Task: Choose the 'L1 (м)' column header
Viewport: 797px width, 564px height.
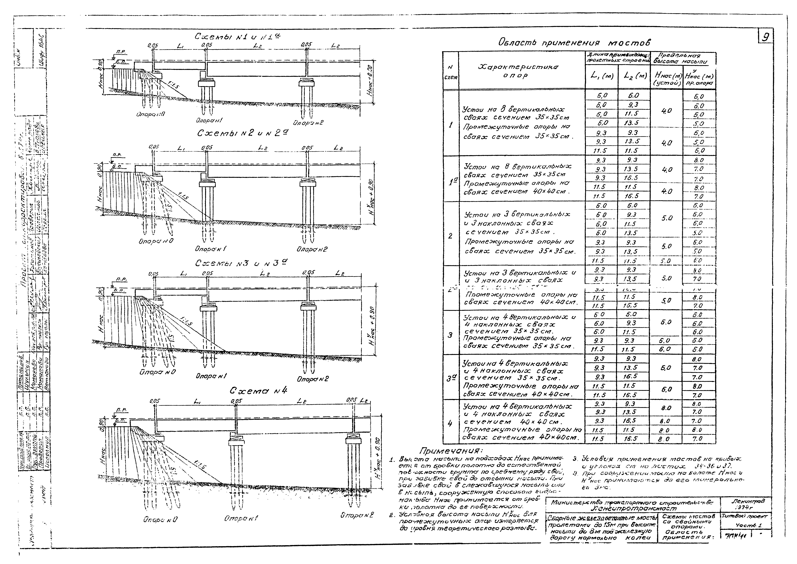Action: (602, 76)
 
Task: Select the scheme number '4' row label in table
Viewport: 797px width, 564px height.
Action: (450, 423)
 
